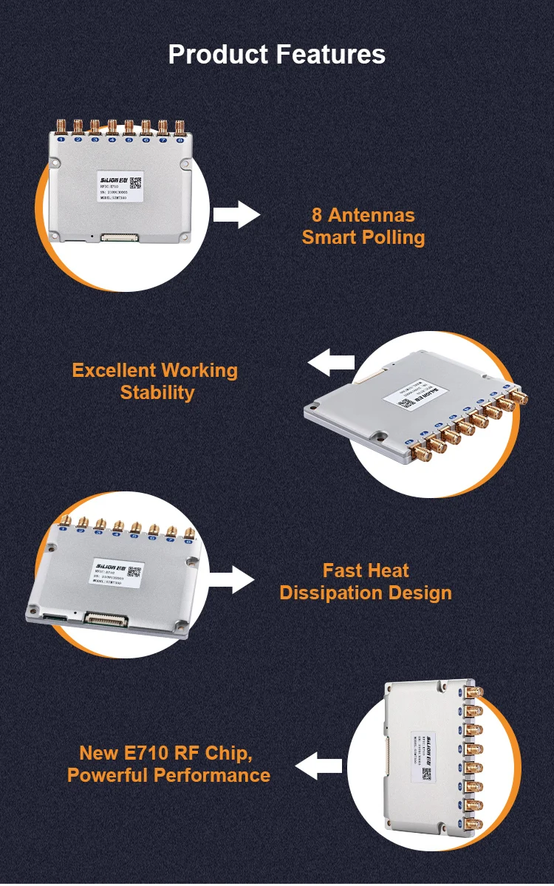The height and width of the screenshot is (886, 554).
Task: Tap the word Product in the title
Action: tap(219, 54)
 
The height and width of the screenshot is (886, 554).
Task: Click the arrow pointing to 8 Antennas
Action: tap(236, 214)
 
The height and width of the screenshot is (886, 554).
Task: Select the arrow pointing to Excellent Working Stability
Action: tap(331, 363)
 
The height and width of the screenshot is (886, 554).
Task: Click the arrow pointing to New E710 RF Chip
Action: tap(319, 765)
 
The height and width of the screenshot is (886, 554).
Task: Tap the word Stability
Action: tap(157, 392)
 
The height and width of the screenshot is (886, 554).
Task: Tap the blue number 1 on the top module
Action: tap(61, 139)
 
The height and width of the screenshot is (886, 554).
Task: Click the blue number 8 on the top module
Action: tap(179, 139)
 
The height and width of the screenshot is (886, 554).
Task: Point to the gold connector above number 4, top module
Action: tap(112, 126)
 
